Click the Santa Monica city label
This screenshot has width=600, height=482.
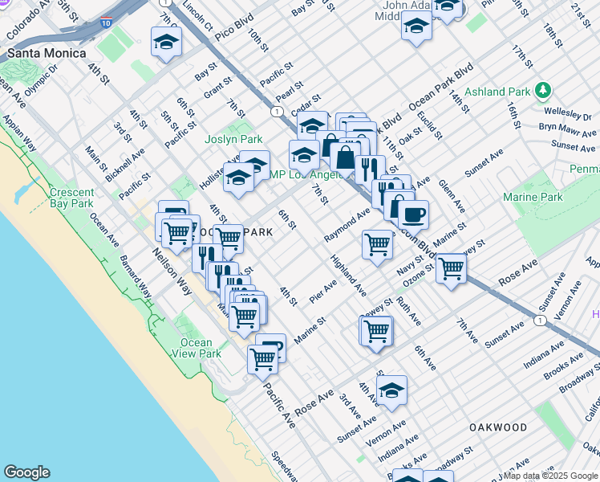point(47,53)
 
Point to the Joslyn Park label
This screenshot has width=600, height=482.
point(233,139)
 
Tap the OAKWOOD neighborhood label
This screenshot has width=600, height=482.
point(498,427)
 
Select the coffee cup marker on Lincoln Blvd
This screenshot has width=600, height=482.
point(414,214)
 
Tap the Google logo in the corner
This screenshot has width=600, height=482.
point(26,472)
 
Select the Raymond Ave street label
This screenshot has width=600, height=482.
point(347,227)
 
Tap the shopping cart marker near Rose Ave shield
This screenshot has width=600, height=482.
point(451,269)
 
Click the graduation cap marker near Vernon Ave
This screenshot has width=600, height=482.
point(391,391)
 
